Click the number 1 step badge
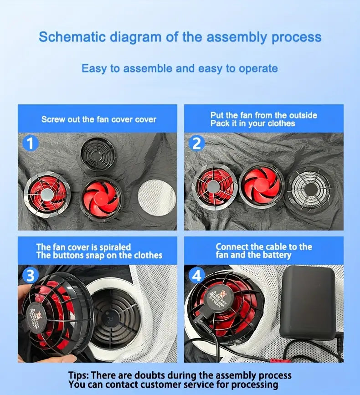[30, 143]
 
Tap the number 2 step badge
[196, 143]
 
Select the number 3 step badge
[30, 275]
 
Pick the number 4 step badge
[197, 276]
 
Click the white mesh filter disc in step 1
[157, 197]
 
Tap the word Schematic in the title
[72, 37]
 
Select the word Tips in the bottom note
[78, 375]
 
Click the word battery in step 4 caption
[277, 255]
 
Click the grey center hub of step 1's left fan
[46, 194]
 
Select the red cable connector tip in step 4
[280, 361]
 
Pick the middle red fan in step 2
[261, 185]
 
